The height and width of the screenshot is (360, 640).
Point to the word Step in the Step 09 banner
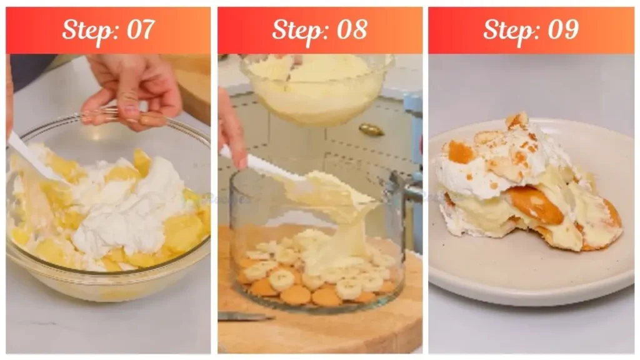[508, 29]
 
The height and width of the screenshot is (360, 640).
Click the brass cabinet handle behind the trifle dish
[371, 129]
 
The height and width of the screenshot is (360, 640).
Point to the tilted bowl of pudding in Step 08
[316, 87]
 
